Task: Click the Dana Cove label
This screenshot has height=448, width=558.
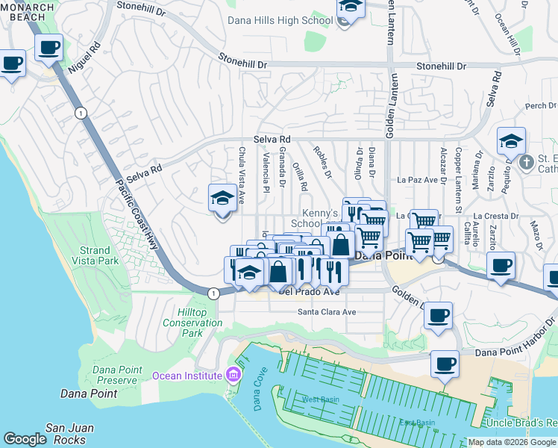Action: click(x=259, y=394)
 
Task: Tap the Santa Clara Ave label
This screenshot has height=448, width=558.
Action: click(x=327, y=312)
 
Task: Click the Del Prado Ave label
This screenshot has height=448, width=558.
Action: click(x=309, y=292)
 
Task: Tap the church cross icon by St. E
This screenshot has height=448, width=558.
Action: click(x=526, y=162)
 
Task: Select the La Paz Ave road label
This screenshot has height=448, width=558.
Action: click(x=421, y=180)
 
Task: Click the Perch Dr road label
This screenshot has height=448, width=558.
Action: click(x=536, y=106)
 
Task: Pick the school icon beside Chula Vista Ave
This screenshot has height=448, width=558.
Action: click(x=222, y=199)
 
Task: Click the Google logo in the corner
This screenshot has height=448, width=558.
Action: click(x=25, y=439)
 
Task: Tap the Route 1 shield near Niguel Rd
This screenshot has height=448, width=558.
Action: click(x=80, y=112)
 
